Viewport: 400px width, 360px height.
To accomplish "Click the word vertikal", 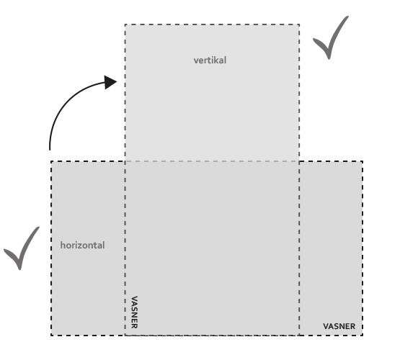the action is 210,60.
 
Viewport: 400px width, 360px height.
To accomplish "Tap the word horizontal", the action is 82,245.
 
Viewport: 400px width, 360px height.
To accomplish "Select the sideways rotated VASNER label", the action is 135,312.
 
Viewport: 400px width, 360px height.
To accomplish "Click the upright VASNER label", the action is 339,326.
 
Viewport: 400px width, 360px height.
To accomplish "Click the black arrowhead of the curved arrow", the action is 110,82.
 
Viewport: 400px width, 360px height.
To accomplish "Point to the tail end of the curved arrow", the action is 50,150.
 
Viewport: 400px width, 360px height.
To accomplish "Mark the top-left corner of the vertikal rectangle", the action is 125,24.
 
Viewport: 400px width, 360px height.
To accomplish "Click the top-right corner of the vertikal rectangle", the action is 299,24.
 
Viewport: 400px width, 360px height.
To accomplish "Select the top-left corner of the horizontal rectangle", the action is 51,161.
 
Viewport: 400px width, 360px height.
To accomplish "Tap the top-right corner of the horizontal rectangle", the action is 363,161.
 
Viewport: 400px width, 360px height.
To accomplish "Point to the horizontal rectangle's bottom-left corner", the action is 51,335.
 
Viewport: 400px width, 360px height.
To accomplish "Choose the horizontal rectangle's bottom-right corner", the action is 363,335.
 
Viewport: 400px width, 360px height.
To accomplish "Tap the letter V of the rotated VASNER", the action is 135,299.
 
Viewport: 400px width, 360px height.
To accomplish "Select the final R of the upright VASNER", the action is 352,326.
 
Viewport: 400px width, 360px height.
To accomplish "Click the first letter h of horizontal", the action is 63,245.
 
